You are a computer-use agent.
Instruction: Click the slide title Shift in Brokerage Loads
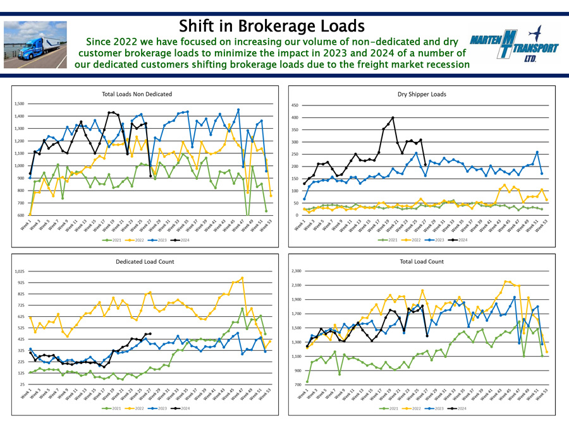[271, 26]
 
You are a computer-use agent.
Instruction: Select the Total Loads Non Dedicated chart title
[137, 94]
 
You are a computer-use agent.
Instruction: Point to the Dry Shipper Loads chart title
[422, 94]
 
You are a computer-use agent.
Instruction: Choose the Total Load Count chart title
[422, 261]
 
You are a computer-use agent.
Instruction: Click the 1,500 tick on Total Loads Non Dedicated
[18, 104]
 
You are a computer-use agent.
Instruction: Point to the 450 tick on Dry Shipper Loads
[294, 105]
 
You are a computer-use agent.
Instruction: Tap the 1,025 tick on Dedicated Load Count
[18, 271]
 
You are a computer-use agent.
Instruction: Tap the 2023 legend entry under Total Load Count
[436, 408]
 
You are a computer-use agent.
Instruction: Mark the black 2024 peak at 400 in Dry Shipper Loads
[393, 118]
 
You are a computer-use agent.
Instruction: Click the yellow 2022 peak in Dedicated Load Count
[242, 278]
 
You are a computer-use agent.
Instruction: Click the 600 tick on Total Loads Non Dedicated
[20, 215]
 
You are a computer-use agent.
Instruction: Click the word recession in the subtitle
[444, 64]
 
